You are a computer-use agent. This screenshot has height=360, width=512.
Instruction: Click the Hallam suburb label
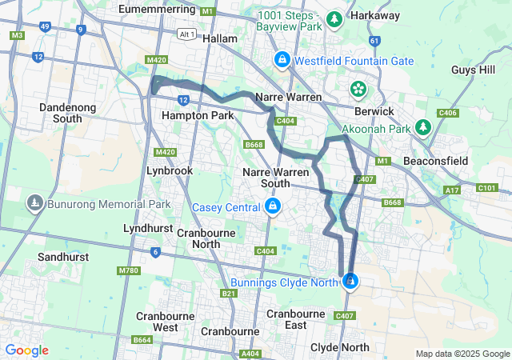coord(220,38)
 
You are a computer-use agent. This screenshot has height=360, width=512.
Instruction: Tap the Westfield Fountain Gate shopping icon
coord(282,60)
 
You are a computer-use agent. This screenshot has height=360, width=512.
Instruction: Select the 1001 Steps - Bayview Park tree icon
coord(334,18)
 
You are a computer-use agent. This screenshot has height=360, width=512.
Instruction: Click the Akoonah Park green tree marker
coord(423,127)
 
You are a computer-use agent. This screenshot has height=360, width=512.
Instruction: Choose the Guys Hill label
coord(474,70)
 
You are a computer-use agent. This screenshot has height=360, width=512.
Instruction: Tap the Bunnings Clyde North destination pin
coord(350,281)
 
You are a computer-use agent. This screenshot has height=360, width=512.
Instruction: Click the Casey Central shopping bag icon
coord(273,208)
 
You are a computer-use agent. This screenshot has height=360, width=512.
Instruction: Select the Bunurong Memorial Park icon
coord(35,205)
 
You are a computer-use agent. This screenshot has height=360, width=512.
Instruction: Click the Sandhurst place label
coord(61,258)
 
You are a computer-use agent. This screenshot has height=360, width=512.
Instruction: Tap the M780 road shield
coord(128,270)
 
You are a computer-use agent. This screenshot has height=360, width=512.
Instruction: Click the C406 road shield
coord(448,114)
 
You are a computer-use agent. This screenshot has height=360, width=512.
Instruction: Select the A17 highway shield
coord(453,190)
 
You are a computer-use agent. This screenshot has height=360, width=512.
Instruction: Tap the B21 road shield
coord(230,294)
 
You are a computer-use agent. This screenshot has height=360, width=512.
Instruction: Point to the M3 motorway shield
coord(18,36)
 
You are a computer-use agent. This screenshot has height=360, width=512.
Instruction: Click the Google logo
coord(26,350)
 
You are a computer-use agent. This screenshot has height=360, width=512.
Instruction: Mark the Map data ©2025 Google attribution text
coord(462,354)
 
